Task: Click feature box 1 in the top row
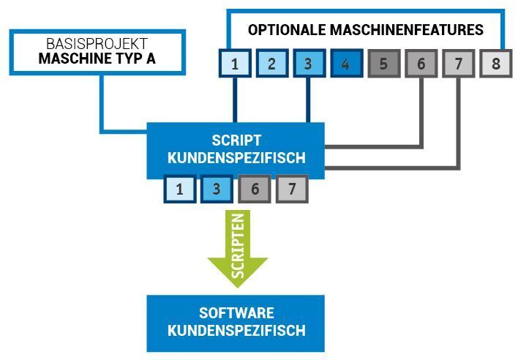[235, 64]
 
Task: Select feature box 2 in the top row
[272, 64]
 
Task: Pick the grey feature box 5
[384, 64]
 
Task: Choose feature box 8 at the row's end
[496, 64]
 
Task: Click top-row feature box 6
[421, 64]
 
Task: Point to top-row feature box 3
[309, 64]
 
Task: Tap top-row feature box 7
[459, 64]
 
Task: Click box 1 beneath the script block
[180, 189]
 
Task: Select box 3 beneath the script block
[217, 189]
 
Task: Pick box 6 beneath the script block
[255, 189]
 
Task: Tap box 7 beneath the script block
[292, 189]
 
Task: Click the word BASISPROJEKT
[97, 44]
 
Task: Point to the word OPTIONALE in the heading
[287, 30]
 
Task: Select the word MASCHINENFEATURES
[407, 30]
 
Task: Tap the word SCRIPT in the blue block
[236, 140]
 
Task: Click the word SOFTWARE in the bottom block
[236, 312]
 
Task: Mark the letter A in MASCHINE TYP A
[151, 59]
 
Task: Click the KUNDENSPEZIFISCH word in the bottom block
[236, 330]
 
